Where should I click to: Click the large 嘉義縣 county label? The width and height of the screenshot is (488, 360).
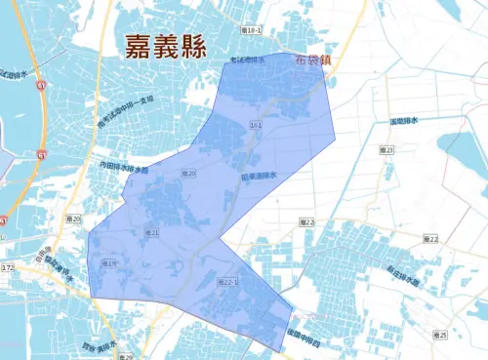point(168,46)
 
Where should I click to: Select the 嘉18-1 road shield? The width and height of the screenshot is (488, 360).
point(250,32)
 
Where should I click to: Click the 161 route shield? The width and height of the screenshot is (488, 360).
point(256,125)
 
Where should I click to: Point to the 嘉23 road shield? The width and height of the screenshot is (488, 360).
point(386,150)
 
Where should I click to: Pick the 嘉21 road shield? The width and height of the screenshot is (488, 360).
point(151,233)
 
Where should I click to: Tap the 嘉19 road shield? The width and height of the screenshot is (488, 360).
point(108,264)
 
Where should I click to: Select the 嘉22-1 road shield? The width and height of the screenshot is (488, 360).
point(225,281)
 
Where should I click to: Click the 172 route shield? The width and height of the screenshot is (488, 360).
point(8,267)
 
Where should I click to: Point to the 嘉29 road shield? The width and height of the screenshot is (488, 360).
point(127,355)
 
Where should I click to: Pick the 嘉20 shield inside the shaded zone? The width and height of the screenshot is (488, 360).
point(189,174)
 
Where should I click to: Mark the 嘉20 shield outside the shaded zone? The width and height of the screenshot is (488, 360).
point(74,219)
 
